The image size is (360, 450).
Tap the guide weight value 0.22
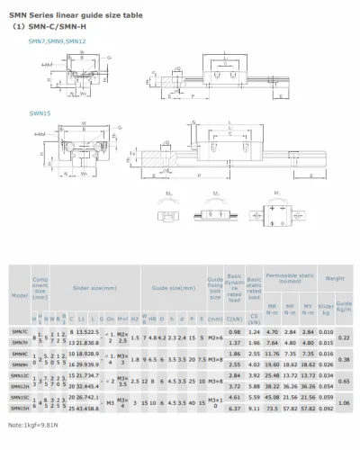(x=342, y=337)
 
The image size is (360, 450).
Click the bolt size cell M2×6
(x=213, y=333)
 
